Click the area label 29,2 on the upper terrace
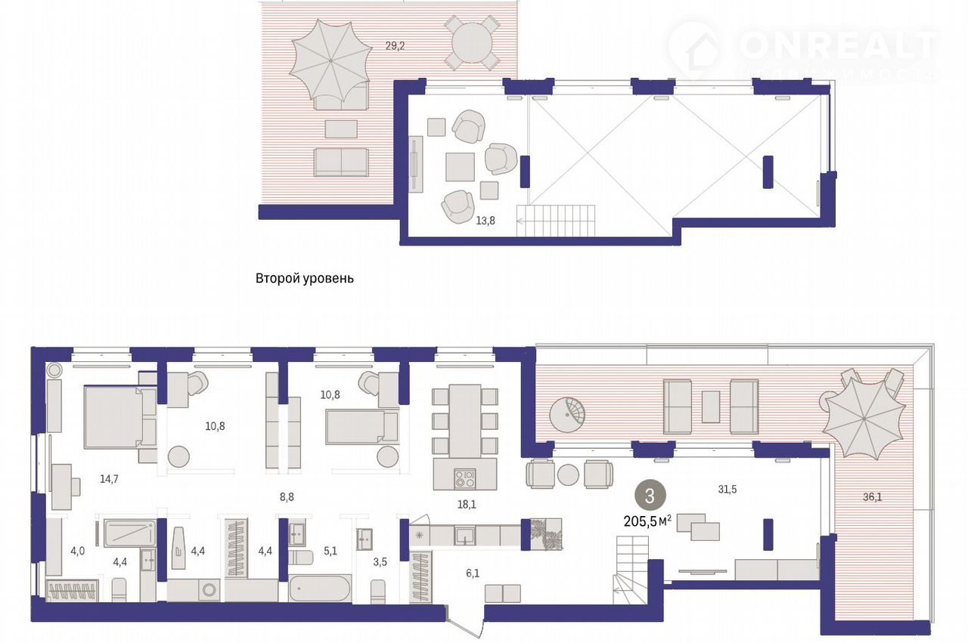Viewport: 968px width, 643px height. (x=395, y=46)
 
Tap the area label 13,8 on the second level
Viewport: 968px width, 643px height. (x=486, y=221)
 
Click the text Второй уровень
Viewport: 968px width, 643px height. (x=305, y=278)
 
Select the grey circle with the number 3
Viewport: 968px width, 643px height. (x=650, y=496)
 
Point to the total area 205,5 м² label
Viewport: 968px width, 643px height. (x=647, y=521)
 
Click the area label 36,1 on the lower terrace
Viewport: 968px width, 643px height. (x=873, y=497)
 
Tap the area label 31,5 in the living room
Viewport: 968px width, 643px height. (x=728, y=490)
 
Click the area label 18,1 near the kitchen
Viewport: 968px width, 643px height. (x=467, y=505)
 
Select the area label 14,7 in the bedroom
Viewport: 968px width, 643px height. (x=109, y=479)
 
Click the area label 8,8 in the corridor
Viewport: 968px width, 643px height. (x=287, y=497)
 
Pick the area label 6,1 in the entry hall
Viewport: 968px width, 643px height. (x=473, y=573)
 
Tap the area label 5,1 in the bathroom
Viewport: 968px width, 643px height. (x=330, y=551)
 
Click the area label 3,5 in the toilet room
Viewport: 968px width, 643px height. (x=380, y=562)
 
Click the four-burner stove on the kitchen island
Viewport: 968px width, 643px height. (x=465, y=479)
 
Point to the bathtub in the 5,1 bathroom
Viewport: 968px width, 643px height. (x=320, y=589)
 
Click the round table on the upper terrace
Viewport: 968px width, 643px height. (x=472, y=42)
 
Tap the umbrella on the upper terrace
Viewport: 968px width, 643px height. (x=330, y=61)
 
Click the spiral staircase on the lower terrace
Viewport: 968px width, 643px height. (x=567, y=415)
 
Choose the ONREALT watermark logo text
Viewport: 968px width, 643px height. (x=839, y=45)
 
